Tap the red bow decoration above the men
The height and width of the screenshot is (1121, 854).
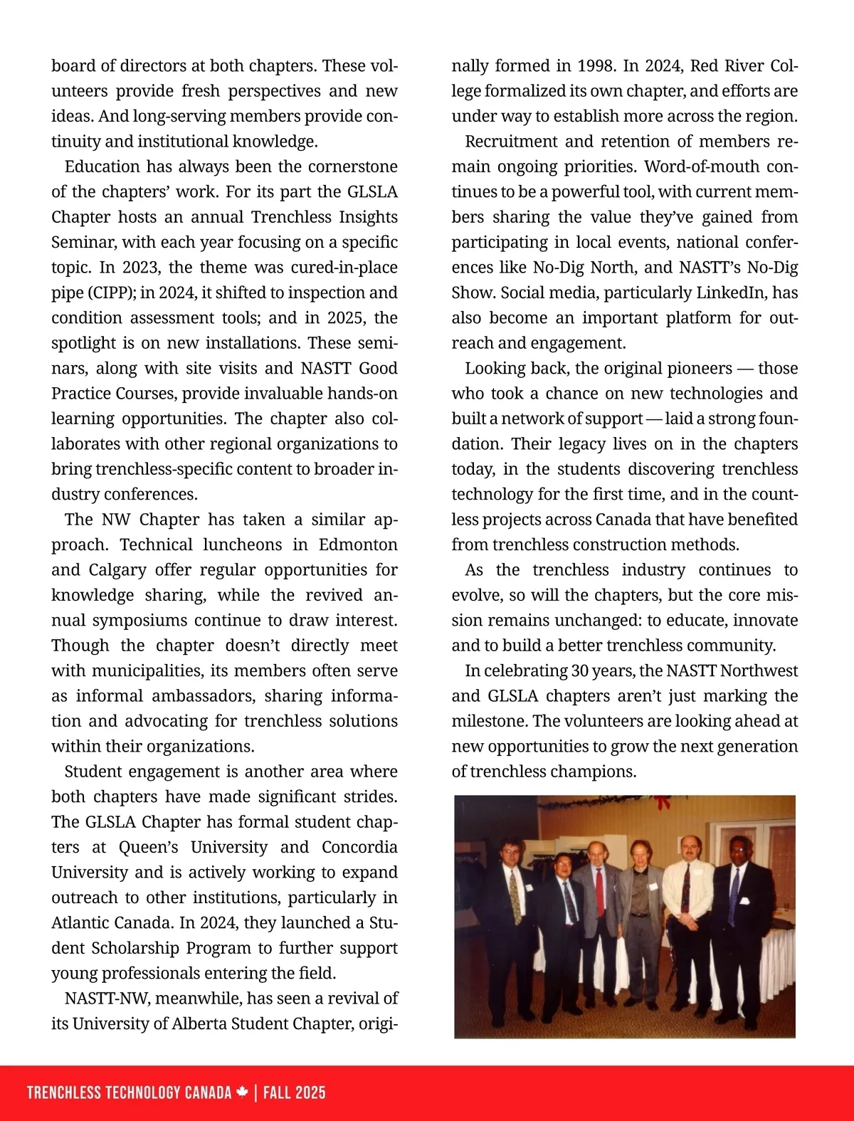pyautogui.click(x=663, y=803)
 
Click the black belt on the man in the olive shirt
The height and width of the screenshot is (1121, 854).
pyautogui.click(x=639, y=915)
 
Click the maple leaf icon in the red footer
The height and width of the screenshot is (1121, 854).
pyautogui.click(x=243, y=1093)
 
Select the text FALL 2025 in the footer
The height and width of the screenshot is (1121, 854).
pyautogui.click(x=294, y=1093)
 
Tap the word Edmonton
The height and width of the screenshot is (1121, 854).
pyautogui.click(x=358, y=544)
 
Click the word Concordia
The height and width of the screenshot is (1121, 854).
pyautogui.click(x=359, y=847)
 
